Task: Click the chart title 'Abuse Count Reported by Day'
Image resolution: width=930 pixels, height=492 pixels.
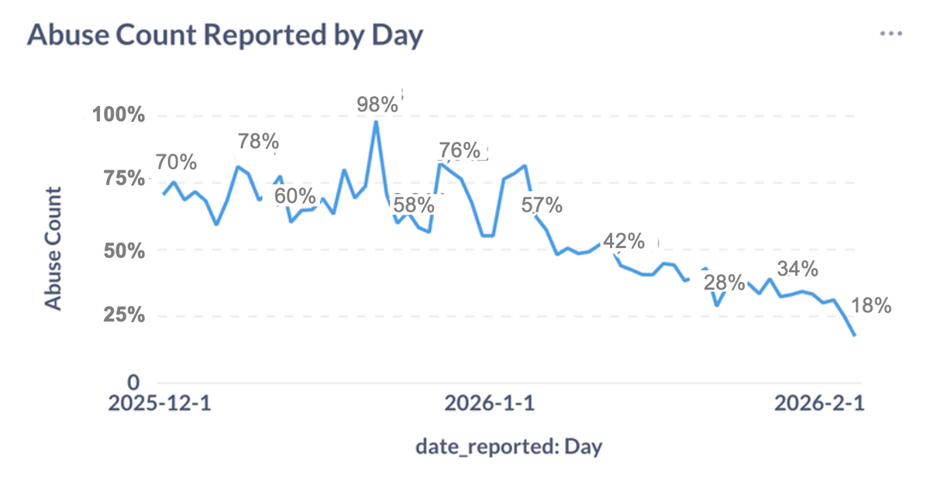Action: (x=225, y=36)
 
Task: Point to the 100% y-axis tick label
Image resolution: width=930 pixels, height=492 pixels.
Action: (x=119, y=116)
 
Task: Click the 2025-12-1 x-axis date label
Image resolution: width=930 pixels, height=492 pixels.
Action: (x=158, y=404)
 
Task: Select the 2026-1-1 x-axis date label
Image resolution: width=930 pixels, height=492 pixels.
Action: (x=489, y=404)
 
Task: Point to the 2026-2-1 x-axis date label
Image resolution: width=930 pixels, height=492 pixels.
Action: (x=820, y=404)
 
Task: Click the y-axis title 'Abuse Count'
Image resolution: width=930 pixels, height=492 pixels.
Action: (x=53, y=249)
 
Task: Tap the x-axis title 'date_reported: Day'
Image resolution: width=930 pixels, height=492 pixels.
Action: (x=509, y=447)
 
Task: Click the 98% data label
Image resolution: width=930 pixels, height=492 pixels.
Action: (x=377, y=105)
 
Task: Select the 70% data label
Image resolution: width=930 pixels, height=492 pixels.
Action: (x=176, y=163)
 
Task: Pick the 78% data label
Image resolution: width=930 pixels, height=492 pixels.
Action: (x=258, y=142)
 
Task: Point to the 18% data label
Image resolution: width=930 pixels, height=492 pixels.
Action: (x=871, y=306)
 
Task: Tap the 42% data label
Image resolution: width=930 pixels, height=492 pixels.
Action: (x=624, y=241)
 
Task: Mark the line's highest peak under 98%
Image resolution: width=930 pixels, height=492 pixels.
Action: (x=376, y=122)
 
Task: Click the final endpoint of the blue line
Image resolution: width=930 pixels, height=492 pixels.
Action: (x=855, y=335)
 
